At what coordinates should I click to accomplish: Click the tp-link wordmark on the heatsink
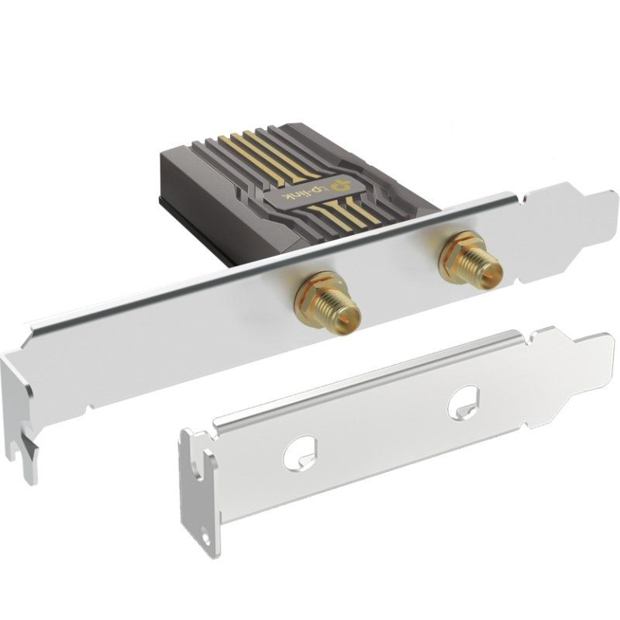pos(301,195)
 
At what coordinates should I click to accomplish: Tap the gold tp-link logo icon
pos(339,184)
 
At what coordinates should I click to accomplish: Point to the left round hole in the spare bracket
pos(299,453)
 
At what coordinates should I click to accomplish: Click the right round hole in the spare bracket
pos(463,401)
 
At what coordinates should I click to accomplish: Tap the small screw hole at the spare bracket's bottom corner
pos(205,537)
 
